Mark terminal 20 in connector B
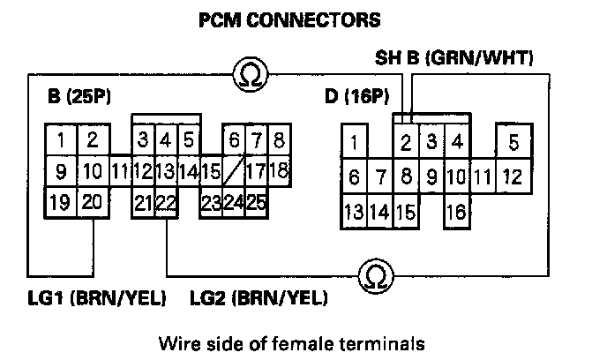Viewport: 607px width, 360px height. tap(92, 203)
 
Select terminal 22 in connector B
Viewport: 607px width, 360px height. tap(165, 203)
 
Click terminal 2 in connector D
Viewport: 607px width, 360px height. tap(406, 141)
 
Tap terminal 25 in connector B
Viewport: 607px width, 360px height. tap(256, 203)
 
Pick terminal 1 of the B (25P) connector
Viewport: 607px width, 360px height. tap(60, 139)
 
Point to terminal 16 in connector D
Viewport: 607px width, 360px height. tap(456, 212)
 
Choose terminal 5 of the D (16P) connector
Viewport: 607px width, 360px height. tap(513, 141)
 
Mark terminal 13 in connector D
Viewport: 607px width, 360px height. tap(355, 212)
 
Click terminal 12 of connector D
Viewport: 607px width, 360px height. tap(513, 176)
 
